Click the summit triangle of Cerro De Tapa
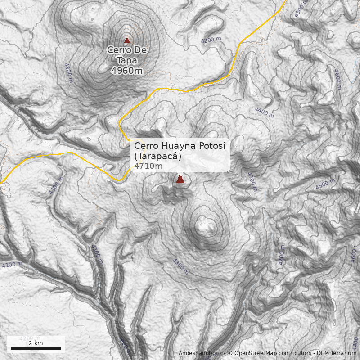click(x=127, y=40)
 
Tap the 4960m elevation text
click(x=126, y=70)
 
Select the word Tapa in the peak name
click(x=126, y=60)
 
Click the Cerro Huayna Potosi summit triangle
click(x=180, y=180)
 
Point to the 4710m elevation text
click(x=148, y=166)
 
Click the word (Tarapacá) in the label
click(x=157, y=156)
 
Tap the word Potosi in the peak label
click(x=214, y=146)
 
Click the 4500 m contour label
click(x=325, y=184)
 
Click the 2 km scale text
click(x=36, y=343)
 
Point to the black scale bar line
click(x=36, y=348)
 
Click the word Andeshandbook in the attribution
click(x=200, y=353)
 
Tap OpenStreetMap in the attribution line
click(x=254, y=353)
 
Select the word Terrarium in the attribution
click(x=342, y=353)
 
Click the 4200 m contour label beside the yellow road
click(x=211, y=40)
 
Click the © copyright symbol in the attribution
click(x=230, y=353)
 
